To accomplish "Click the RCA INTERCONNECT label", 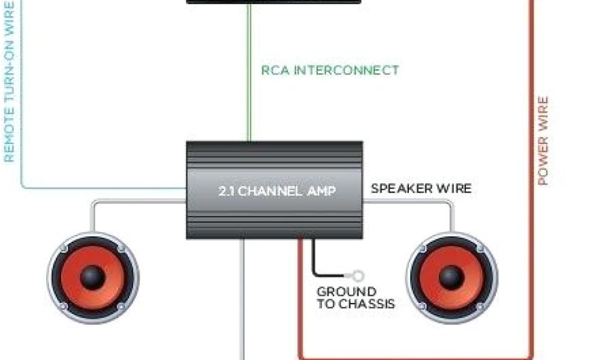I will [x=330, y=70].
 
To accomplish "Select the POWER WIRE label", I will [x=543, y=141].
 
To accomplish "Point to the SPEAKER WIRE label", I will [x=421, y=188].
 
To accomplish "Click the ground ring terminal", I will [x=358, y=277].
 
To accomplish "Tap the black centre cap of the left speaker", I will [x=93, y=277].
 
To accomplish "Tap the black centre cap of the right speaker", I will [x=452, y=277].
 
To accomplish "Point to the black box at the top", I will [x=274, y=2].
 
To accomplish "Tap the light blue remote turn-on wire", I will [x=23, y=174].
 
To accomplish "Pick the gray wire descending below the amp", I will [x=242, y=300].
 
